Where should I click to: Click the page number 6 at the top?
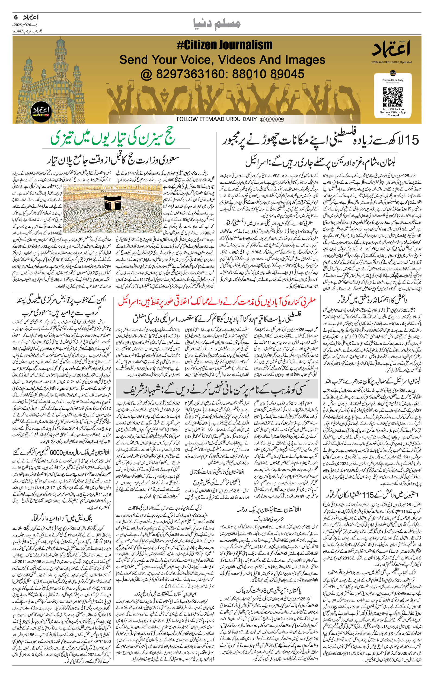pos(16,17)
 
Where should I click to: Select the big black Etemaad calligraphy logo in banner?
pos(391,49)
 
